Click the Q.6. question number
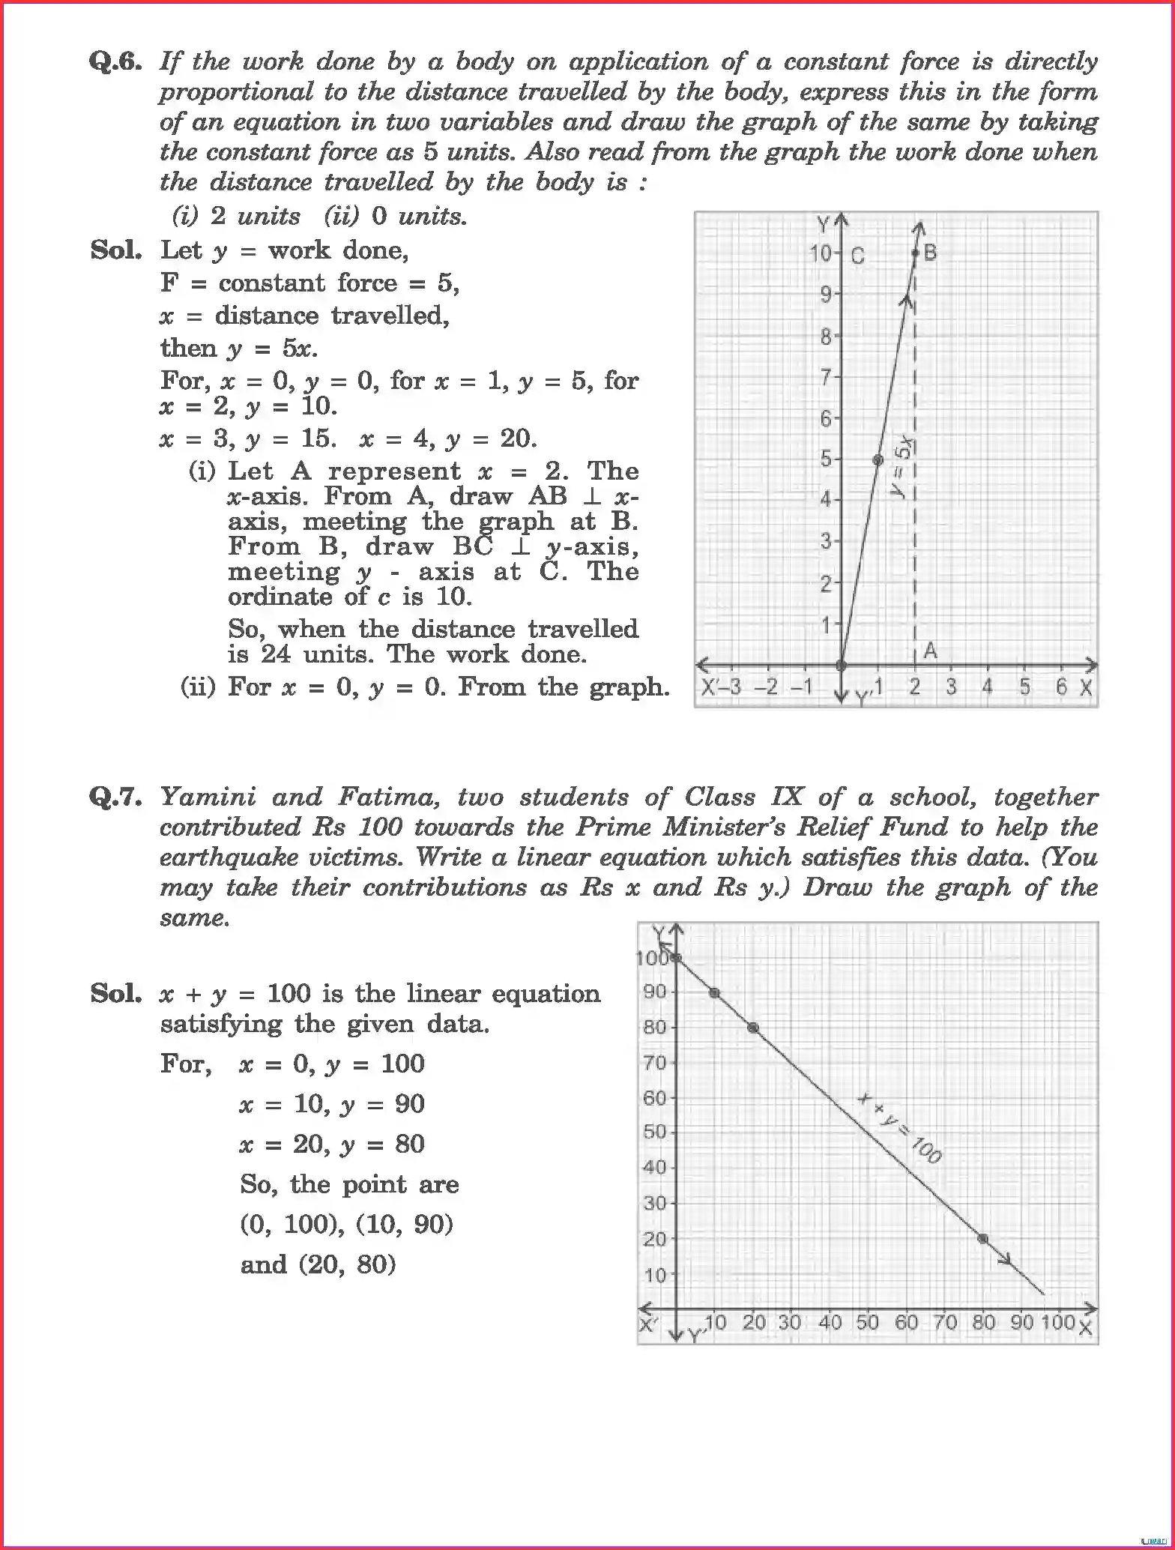pyautogui.click(x=115, y=61)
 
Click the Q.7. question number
pyautogui.click(x=115, y=797)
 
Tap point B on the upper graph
pyautogui.click(x=916, y=253)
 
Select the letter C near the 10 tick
pyautogui.click(x=858, y=256)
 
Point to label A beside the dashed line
pyautogui.click(x=930, y=651)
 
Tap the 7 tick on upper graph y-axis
pyautogui.click(x=826, y=376)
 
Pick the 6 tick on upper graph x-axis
pyautogui.click(x=1061, y=687)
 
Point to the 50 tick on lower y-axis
pyautogui.click(x=653, y=1132)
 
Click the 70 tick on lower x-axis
pyautogui.click(x=944, y=1322)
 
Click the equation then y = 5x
pyautogui.click(x=238, y=349)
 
